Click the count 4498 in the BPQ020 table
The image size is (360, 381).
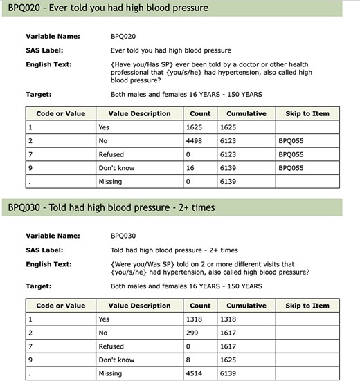[x=197, y=140]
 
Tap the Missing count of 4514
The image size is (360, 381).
[x=197, y=374]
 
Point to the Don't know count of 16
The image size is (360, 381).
[x=192, y=168]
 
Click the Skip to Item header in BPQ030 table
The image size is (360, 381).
[x=307, y=305]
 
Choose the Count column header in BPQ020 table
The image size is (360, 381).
[x=199, y=113]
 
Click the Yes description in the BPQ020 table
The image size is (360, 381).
[x=105, y=127]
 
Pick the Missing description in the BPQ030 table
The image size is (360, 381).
[x=111, y=374]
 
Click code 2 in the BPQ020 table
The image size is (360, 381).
[x=30, y=140]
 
